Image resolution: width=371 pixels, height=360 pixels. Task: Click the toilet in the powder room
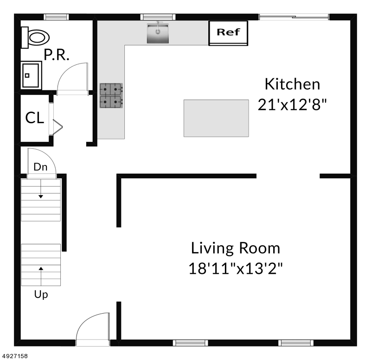click(36, 38)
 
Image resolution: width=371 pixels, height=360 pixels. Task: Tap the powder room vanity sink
click(31, 75)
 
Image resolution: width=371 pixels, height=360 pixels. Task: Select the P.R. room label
click(57, 55)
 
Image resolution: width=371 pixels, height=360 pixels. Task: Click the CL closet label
click(34, 118)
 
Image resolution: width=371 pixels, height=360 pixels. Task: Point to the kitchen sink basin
click(158, 33)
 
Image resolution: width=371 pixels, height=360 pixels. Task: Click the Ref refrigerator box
click(228, 33)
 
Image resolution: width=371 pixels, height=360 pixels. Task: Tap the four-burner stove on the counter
click(111, 95)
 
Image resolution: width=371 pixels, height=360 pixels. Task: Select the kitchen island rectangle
click(216, 118)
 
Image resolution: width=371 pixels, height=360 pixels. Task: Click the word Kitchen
click(293, 84)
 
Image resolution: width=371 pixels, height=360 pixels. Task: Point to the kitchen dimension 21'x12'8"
click(292, 104)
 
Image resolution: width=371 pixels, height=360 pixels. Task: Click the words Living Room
click(236, 248)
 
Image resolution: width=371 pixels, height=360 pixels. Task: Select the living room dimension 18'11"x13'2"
click(236, 269)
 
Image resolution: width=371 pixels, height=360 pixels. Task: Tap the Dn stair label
click(40, 167)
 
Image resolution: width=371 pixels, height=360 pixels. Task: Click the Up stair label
click(41, 295)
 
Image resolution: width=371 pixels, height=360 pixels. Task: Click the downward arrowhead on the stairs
click(41, 196)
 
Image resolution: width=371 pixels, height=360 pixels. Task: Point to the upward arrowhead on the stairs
click(41, 268)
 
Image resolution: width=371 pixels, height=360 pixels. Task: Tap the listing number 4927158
click(15, 356)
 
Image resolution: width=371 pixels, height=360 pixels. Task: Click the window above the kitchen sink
click(158, 17)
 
